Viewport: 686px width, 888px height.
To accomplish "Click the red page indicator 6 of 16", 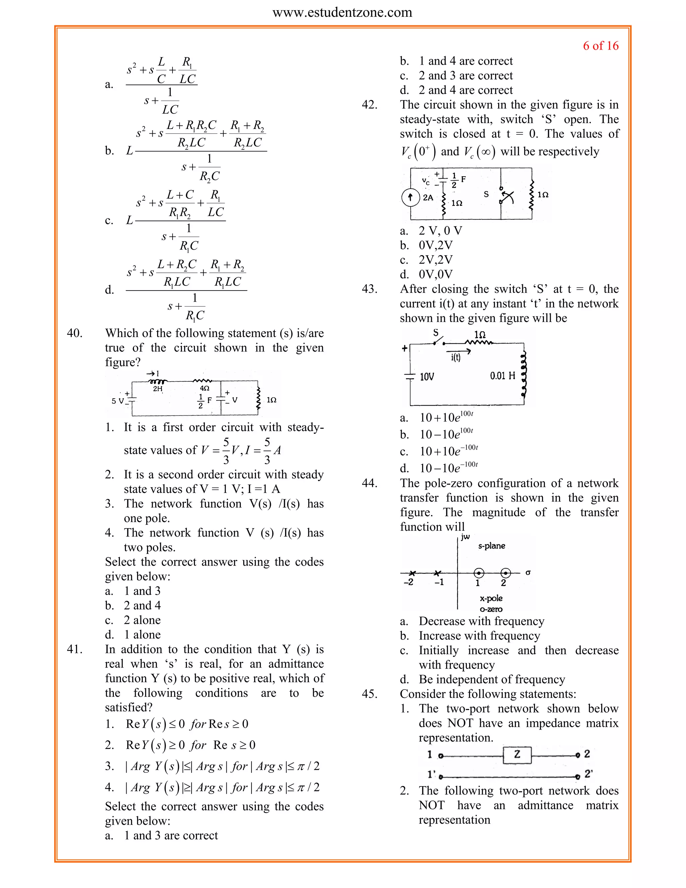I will click(x=600, y=46).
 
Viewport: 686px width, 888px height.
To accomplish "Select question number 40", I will click(x=74, y=333).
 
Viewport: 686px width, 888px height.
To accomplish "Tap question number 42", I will click(x=369, y=105).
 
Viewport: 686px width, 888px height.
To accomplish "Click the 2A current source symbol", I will click(x=410, y=198).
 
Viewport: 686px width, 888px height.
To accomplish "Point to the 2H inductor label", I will click(x=158, y=389).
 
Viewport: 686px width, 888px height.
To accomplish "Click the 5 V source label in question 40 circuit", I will click(x=118, y=401).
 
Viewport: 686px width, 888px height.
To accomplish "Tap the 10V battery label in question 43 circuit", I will click(x=427, y=377).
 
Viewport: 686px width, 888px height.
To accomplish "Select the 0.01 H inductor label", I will click(x=502, y=375).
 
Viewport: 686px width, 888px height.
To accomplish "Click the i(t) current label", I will click(x=456, y=358).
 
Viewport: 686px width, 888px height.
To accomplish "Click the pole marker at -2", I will click(x=412, y=573).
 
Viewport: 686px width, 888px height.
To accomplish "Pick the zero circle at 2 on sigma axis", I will click(x=505, y=573).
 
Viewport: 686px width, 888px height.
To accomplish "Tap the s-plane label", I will click(x=491, y=546).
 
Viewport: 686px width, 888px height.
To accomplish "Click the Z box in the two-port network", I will click(x=517, y=754).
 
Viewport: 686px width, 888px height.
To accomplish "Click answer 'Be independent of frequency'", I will click(x=492, y=680).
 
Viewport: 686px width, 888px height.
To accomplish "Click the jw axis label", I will click(x=465, y=537).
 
